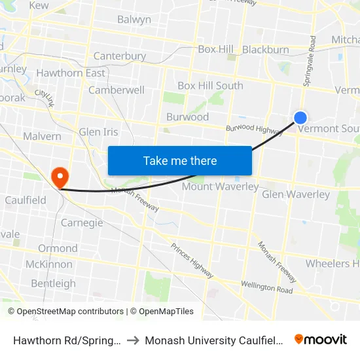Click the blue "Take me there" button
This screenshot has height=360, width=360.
click(x=180, y=160)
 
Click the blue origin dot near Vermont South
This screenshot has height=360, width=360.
click(x=300, y=118)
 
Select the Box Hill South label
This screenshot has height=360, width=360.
click(x=210, y=86)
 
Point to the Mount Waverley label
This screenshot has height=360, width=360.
click(x=220, y=187)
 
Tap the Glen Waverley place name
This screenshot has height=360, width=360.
click(x=296, y=194)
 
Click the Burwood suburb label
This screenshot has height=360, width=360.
click(x=187, y=117)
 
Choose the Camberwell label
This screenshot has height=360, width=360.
click(x=117, y=90)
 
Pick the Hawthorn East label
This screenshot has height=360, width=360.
click(x=70, y=73)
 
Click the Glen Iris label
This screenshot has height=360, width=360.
click(x=98, y=132)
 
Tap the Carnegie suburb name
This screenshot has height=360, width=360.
click(x=82, y=223)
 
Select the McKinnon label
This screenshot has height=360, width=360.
click(x=48, y=264)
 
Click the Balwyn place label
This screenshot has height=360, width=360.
click(x=134, y=20)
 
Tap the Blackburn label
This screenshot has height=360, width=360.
click(x=265, y=50)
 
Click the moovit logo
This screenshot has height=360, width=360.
click(x=321, y=340)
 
